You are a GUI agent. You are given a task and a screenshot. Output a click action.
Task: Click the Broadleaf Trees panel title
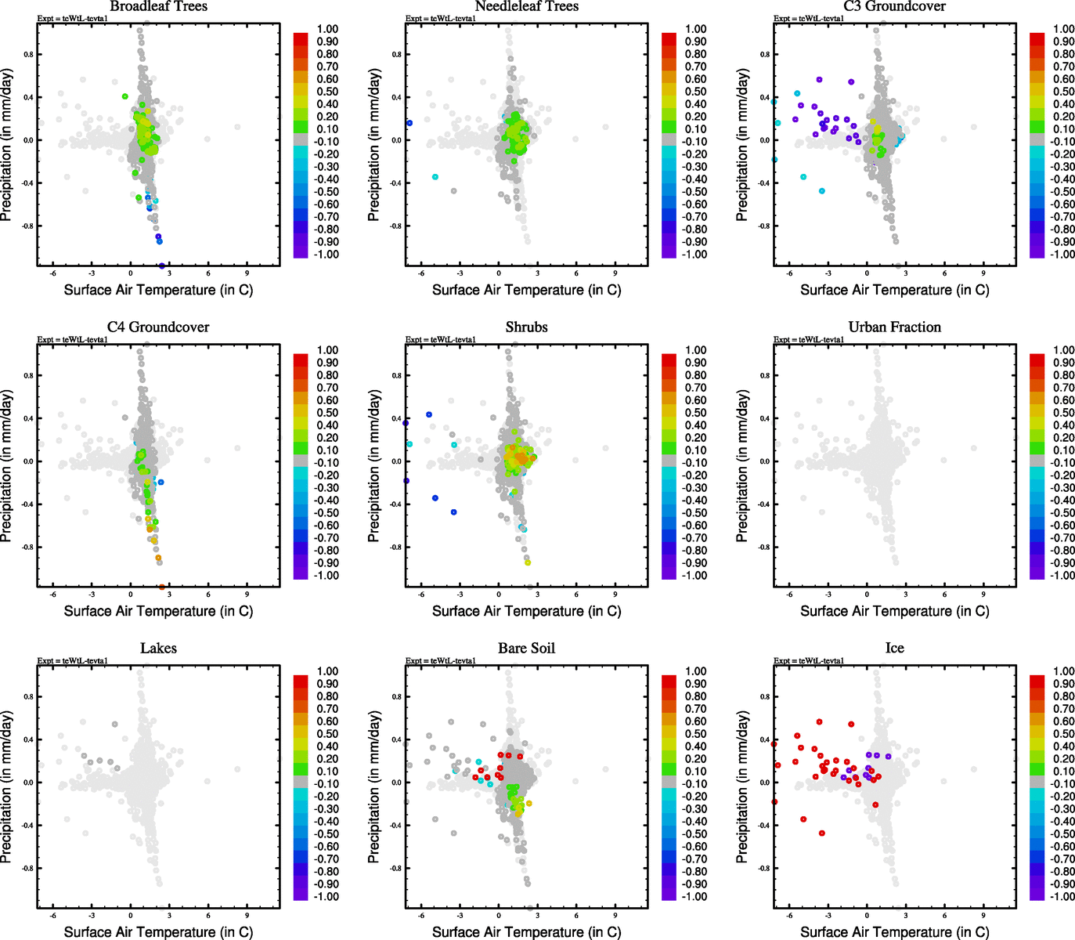[158, 6]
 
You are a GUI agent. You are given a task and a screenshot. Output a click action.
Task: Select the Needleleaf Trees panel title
[526, 6]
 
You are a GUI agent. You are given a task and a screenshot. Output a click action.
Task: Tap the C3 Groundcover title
[894, 6]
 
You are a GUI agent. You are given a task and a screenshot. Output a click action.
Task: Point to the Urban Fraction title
[894, 327]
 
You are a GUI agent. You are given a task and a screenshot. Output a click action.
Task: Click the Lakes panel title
[158, 649]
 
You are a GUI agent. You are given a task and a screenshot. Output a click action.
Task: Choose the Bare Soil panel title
[526, 649]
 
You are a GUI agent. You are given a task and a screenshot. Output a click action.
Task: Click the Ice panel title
[894, 649]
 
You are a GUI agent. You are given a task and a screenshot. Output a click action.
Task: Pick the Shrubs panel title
[526, 327]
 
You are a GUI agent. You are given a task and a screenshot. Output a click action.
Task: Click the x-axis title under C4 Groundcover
[158, 611]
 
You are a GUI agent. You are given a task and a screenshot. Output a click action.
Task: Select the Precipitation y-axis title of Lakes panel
[7, 787]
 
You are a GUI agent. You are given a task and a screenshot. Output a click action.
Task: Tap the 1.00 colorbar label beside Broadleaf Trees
[327, 29]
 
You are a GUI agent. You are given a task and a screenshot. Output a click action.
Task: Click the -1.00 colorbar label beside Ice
[1062, 897]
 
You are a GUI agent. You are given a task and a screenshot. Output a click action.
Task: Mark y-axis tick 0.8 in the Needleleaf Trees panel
[397, 55]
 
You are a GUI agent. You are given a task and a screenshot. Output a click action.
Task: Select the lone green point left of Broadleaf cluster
[125, 96]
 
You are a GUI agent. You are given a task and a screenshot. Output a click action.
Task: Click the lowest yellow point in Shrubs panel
[528, 562]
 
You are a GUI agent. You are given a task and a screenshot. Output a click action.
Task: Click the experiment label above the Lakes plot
[72, 660]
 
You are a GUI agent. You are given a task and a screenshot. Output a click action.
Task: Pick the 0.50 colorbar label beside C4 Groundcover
[327, 413]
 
